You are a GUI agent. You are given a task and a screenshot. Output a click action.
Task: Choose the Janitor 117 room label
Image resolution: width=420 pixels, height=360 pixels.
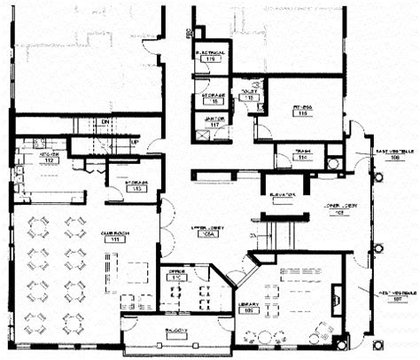[x=214, y=121]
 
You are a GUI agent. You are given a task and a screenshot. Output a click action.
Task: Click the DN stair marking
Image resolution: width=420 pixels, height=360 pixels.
[x=104, y=122]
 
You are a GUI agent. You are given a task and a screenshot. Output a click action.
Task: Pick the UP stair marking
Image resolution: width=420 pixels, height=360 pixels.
[x=135, y=142]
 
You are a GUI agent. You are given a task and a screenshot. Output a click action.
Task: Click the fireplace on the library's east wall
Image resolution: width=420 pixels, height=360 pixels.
[x=337, y=295]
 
